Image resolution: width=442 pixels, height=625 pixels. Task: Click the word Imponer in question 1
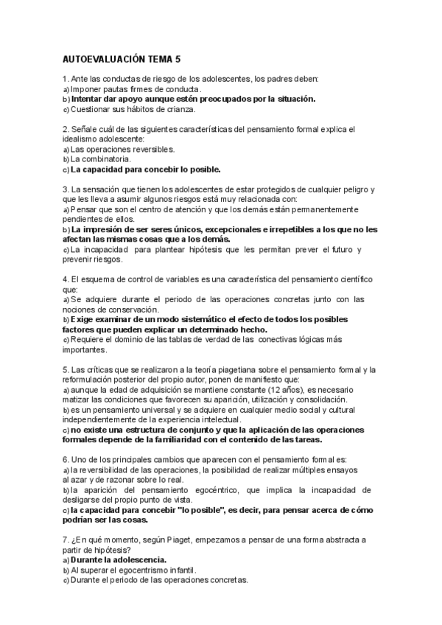(86, 89)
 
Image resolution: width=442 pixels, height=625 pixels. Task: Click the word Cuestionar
(92, 109)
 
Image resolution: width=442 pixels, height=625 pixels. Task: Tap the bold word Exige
(84, 320)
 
